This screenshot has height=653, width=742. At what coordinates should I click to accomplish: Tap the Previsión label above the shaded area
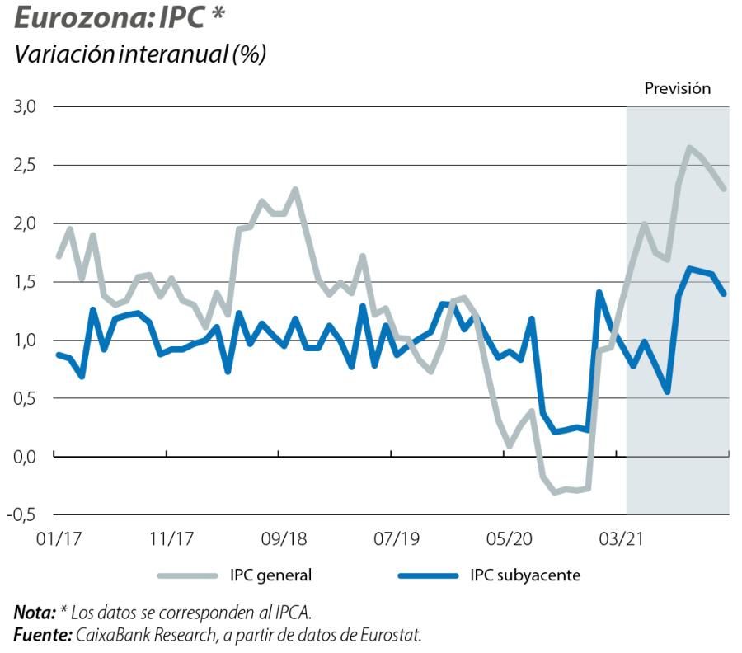pyautogui.click(x=677, y=89)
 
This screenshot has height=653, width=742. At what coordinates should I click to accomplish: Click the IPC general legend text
pyautogui.click(x=270, y=575)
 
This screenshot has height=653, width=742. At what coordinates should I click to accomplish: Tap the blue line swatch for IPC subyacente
pyautogui.click(x=426, y=575)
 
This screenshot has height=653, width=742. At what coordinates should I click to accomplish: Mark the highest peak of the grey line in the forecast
pyautogui.click(x=689, y=148)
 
